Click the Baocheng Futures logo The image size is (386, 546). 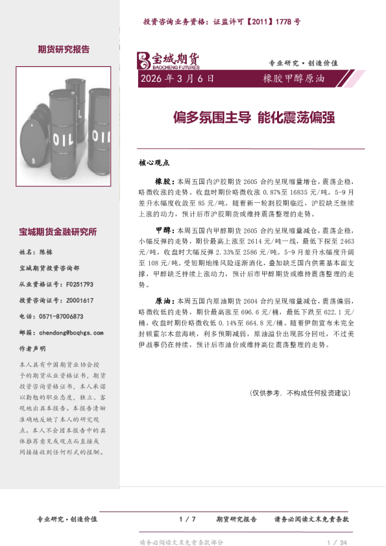point(167,60)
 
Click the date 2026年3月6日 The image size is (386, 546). point(176,79)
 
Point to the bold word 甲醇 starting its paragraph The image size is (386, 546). point(162,230)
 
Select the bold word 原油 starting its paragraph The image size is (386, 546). point(162,302)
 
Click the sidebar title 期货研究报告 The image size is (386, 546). point(64,49)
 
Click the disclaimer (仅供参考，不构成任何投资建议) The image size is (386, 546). point(300,393)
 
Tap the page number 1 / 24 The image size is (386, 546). point(338,542)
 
